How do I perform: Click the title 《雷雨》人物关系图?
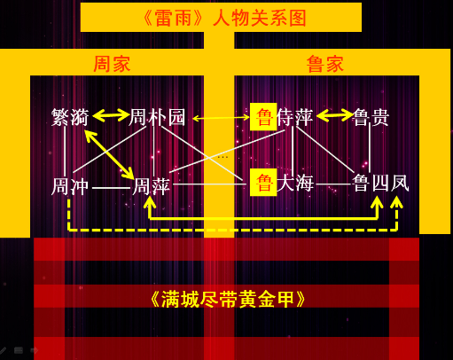(224, 18)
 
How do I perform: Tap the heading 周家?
(112, 64)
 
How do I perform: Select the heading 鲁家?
(325, 64)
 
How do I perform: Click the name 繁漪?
(70, 117)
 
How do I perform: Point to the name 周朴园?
(157, 117)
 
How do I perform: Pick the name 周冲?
(70, 186)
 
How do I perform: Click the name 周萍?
(152, 186)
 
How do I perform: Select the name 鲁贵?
(371, 117)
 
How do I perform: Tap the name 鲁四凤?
(381, 184)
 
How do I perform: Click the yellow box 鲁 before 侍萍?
(263, 117)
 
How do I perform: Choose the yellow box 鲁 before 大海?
(263, 183)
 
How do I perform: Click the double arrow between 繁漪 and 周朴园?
(111, 115)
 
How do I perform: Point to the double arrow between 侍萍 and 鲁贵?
(335, 115)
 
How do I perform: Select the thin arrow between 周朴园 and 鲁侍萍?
(221, 118)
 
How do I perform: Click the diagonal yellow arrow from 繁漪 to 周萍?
(109, 154)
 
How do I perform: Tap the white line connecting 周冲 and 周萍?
(112, 188)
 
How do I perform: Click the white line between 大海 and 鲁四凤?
(334, 184)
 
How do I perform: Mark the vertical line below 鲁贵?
(370, 148)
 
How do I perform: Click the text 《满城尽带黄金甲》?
(228, 299)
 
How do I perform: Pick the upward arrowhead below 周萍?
(150, 202)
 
